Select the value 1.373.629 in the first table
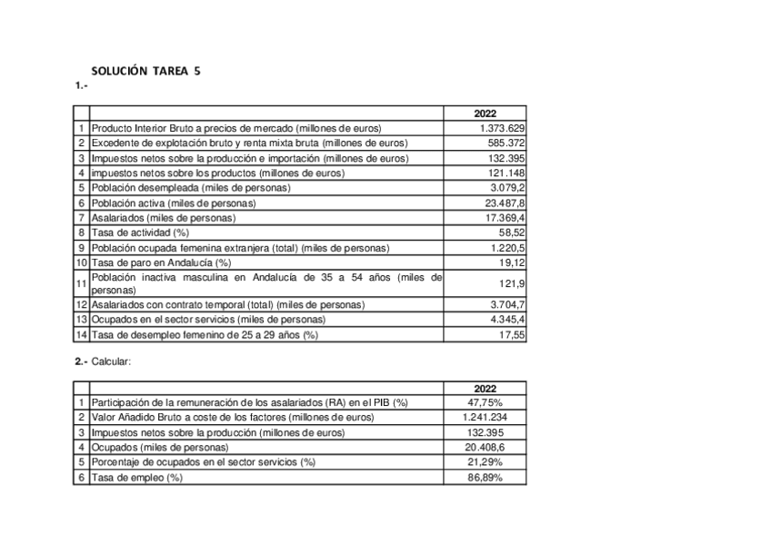[503, 128]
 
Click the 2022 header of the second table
[485, 388]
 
